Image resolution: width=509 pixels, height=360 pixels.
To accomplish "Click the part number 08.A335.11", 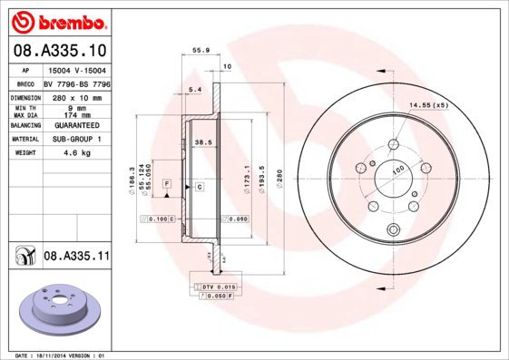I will (x=77, y=257).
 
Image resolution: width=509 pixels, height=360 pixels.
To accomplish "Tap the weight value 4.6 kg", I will (x=78, y=153).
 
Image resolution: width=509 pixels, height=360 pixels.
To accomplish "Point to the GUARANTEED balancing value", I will (x=78, y=126).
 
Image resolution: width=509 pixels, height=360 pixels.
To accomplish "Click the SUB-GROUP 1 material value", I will (x=78, y=140).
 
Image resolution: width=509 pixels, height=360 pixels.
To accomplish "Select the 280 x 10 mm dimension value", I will (x=78, y=95).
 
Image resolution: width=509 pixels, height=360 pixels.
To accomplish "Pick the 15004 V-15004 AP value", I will (x=78, y=69).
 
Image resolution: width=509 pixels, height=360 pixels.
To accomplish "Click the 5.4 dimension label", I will (x=193, y=89).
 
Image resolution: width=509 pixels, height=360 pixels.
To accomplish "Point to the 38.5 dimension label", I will (x=203, y=142).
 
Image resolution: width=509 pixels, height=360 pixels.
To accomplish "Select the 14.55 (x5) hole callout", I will (x=428, y=106).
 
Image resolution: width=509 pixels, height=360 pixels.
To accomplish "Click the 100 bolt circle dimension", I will (x=396, y=170).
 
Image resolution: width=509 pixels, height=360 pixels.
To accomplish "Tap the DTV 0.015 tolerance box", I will (x=211, y=287).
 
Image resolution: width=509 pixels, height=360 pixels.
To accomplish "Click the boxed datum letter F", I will (x=167, y=184).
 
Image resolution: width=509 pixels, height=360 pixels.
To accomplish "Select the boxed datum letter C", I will (x=199, y=187).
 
